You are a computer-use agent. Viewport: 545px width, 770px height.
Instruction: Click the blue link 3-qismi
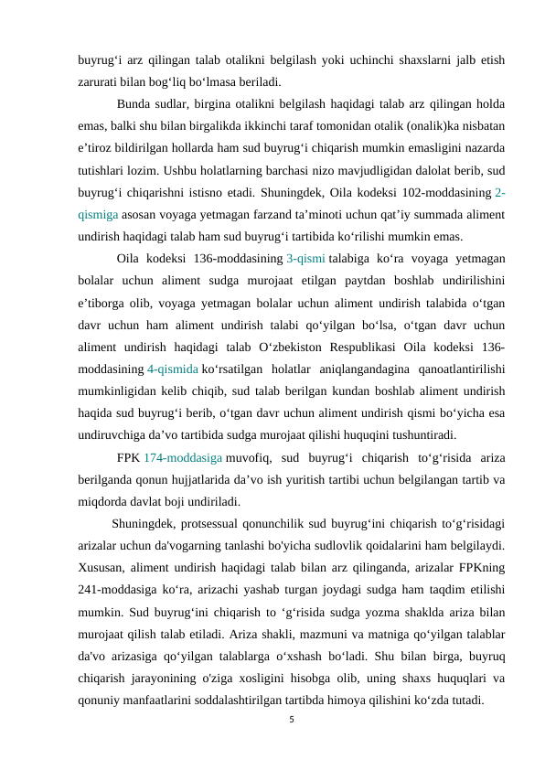pyautogui.click(x=306, y=258)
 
